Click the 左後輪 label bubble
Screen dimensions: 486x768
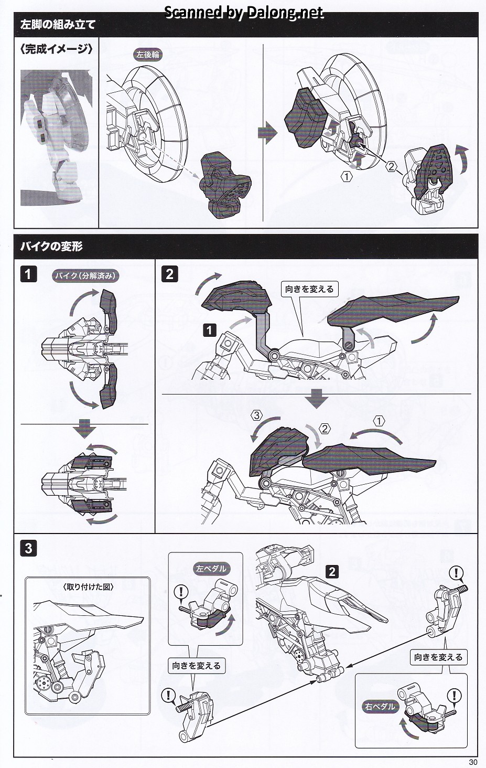(x=148, y=55)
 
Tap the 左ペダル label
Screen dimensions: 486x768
(x=211, y=569)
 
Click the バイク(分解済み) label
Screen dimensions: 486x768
(x=85, y=275)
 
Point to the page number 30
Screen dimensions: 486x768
(x=473, y=762)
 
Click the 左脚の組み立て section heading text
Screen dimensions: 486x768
(x=57, y=25)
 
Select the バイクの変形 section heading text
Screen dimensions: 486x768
(x=51, y=247)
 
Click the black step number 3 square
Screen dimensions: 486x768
(x=28, y=548)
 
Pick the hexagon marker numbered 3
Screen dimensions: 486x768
(x=256, y=415)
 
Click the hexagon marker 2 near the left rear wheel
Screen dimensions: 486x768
(x=391, y=167)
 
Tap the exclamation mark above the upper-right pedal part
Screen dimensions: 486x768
(x=457, y=573)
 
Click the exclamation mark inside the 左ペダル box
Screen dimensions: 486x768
(x=181, y=592)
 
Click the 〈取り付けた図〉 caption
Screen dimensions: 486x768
(x=88, y=587)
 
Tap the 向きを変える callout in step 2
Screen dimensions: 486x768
(x=309, y=289)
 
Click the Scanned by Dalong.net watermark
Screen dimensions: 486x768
(x=244, y=13)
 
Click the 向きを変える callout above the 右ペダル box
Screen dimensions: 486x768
(x=438, y=657)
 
